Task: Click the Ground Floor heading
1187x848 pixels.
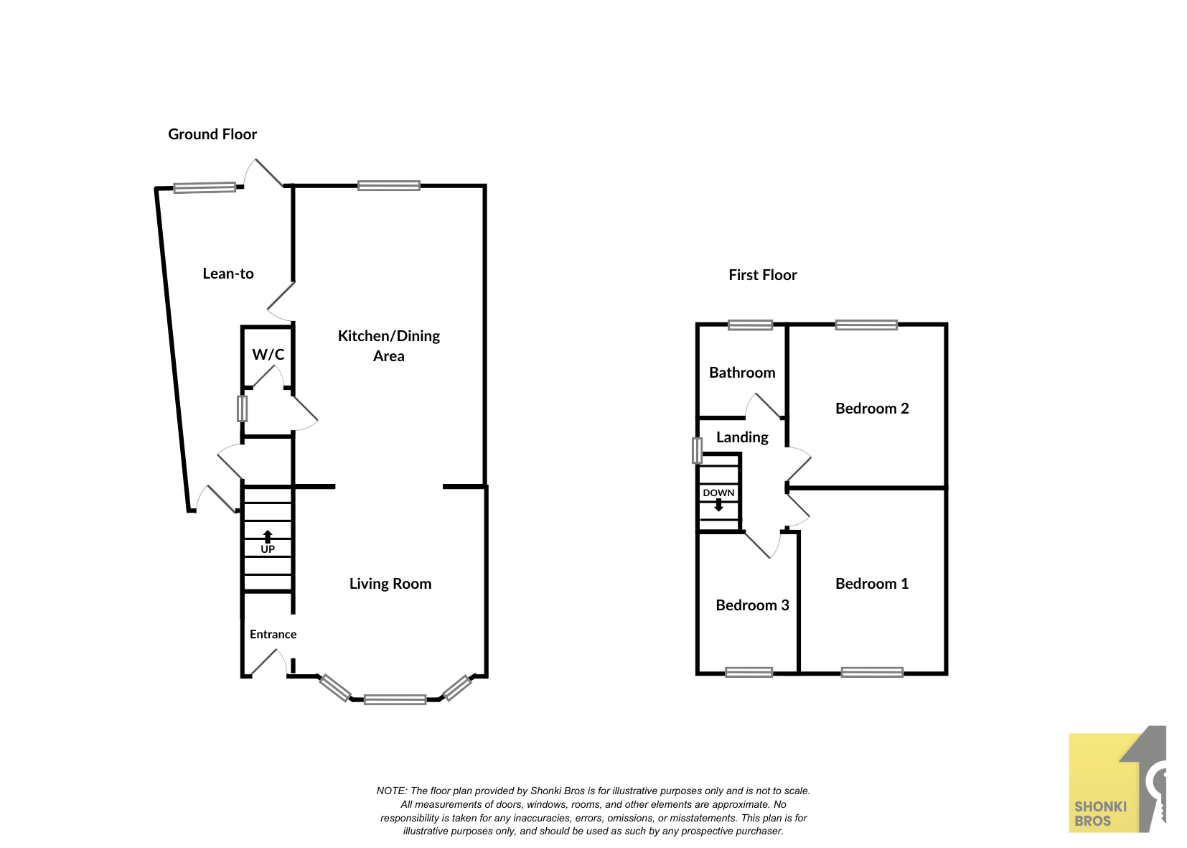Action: click(x=212, y=135)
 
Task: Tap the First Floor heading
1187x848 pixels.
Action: click(x=763, y=275)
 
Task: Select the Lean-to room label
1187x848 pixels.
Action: click(x=228, y=274)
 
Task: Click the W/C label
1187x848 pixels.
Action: click(x=268, y=354)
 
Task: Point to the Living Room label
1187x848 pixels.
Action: click(x=390, y=584)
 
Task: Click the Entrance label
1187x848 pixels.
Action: click(x=273, y=634)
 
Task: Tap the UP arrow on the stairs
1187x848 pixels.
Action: click(x=268, y=536)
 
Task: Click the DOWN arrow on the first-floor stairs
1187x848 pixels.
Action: click(x=718, y=505)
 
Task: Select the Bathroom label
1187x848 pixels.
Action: click(x=742, y=373)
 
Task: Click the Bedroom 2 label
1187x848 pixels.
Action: click(x=872, y=409)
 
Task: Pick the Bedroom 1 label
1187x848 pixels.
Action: click(x=872, y=584)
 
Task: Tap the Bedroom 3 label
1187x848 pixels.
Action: click(x=752, y=605)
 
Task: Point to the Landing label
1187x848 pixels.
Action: click(x=742, y=437)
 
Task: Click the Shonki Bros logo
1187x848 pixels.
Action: click(x=1117, y=779)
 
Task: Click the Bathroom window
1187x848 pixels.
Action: click(x=750, y=325)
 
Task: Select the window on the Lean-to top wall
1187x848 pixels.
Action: click(x=205, y=187)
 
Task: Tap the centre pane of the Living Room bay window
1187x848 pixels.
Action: click(x=395, y=699)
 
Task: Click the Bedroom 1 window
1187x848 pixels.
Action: click(x=872, y=673)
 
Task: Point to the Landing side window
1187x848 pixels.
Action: click(x=698, y=450)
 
